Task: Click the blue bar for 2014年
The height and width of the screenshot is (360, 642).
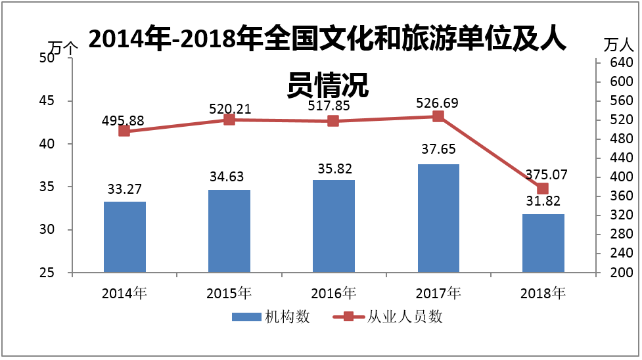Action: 125,236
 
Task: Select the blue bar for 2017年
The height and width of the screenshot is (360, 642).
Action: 438,218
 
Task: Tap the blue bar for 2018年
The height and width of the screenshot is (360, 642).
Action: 543,243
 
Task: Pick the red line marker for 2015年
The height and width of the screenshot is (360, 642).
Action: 229,120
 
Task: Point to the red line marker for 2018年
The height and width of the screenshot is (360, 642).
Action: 543,189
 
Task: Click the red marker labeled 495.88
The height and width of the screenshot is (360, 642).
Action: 124,131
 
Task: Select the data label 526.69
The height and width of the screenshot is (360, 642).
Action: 438,103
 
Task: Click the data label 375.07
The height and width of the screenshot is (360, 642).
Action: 546,175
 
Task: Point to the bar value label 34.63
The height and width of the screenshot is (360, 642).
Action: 229,177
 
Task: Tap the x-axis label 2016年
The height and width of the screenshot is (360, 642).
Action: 333,293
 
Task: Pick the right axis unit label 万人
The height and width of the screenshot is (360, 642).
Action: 618,45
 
